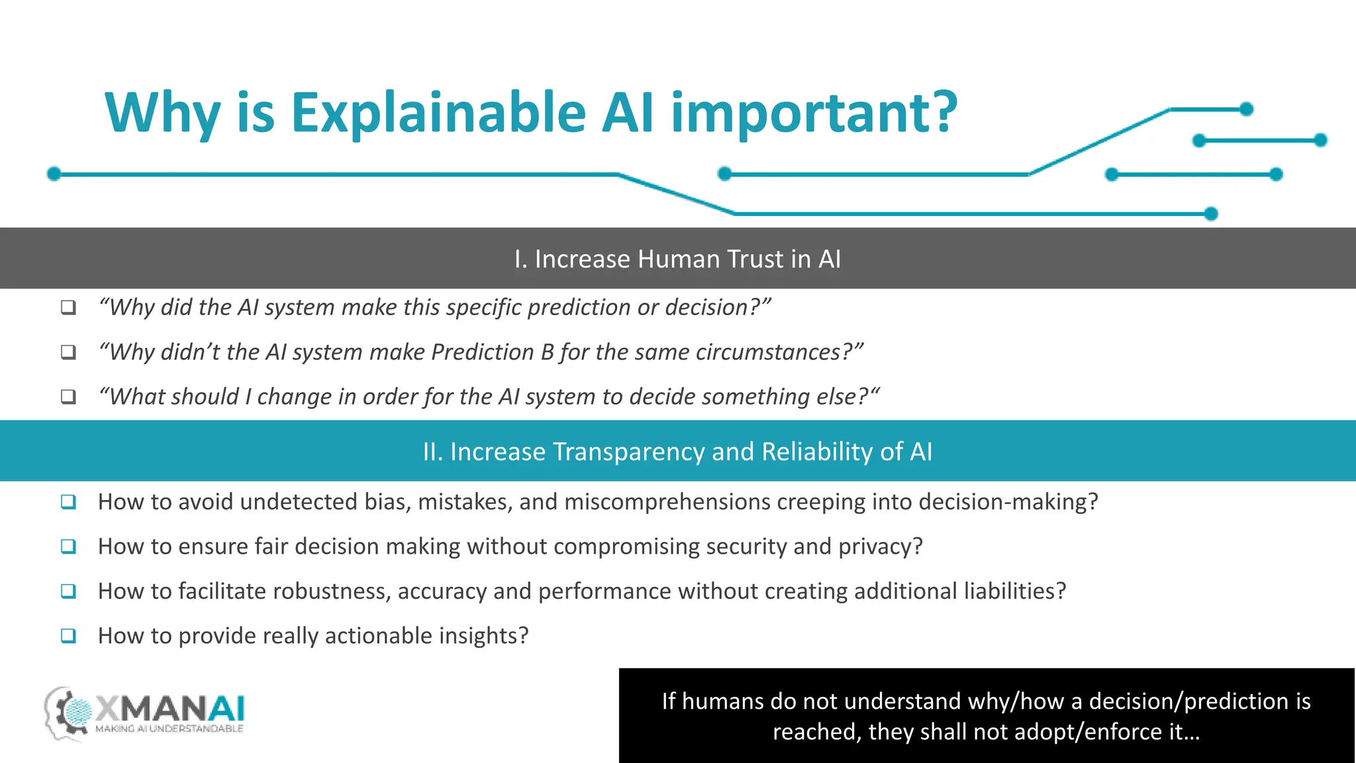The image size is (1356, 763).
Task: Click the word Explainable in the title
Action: coord(438,113)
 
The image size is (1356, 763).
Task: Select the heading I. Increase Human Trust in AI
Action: coord(677,259)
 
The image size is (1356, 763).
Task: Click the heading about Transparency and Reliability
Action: coord(677,452)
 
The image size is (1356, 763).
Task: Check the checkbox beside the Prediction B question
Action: coord(68,352)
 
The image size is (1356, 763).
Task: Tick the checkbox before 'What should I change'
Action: coord(68,397)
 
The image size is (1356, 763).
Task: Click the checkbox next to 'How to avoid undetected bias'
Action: coord(68,502)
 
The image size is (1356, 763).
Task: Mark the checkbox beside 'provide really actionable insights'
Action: coord(68,636)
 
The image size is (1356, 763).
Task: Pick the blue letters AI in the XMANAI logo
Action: coord(226,709)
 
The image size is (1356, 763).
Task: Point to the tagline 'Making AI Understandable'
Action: coord(169,729)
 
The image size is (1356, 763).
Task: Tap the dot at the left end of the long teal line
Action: coord(54,174)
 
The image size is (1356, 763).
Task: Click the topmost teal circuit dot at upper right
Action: coord(1246,109)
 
